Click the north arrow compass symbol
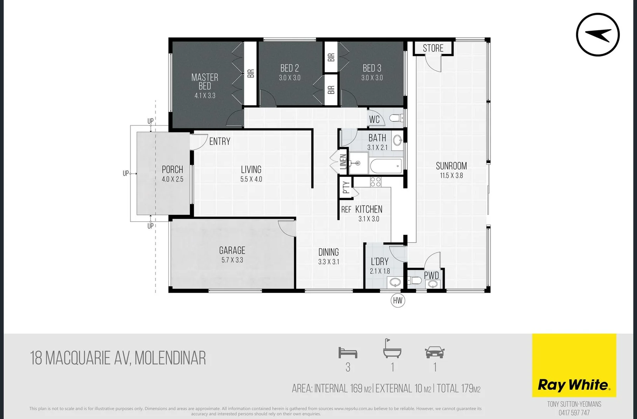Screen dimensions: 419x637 (x=597, y=35)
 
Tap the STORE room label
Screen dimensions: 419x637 (x=433, y=48)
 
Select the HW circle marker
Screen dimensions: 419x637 (x=398, y=300)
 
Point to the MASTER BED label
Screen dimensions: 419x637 (x=205, y=81)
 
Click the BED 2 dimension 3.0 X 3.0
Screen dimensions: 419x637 (x=290, y=78)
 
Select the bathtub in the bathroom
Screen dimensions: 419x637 (x=386, y=167)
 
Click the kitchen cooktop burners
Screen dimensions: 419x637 (x=375, y=182)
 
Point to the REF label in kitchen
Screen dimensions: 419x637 (x=346, y=209)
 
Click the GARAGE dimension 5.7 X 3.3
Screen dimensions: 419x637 (x=232, y=260)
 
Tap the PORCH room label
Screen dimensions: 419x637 (x=172, y=170)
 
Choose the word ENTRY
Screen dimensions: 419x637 (x=220, y=142)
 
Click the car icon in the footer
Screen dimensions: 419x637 (x=435, y=352)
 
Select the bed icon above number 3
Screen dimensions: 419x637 (x=347, y=353)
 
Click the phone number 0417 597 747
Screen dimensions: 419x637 (x=574, y=413)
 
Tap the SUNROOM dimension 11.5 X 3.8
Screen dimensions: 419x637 (x=451, y=176)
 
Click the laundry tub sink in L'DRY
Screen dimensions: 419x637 (x=395, y=282)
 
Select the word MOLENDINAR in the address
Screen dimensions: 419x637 (x=170, y=358)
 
